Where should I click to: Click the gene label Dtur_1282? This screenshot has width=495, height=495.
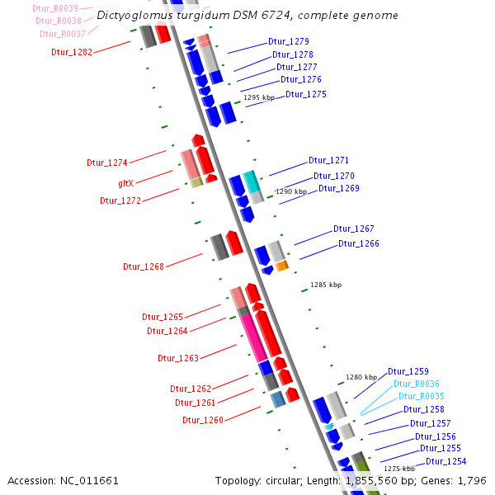[72, 51]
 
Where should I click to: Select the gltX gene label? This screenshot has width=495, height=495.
[126, 182]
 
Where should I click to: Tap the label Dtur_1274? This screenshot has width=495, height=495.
[107, 163]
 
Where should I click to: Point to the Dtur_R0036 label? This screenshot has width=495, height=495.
[416, 384]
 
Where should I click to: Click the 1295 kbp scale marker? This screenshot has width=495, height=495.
[259, 97]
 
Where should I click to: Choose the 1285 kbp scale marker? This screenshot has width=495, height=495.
[325, 285]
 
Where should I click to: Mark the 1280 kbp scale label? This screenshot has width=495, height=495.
[361, 376]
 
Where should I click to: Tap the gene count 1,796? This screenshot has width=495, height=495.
[471, 480]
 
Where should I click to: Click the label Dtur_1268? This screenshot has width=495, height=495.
[144, 266]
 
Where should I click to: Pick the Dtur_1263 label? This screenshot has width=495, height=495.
[178, 358]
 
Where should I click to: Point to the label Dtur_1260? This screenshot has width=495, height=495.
[203, 420]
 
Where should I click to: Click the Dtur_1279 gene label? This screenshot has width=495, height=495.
[289, 41]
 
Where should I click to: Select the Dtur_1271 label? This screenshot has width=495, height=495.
[328, 160]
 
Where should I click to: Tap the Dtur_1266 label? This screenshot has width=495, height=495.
[358, 243]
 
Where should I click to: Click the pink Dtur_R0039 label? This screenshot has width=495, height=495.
[56, 8]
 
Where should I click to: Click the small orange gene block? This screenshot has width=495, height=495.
[281, 266]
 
